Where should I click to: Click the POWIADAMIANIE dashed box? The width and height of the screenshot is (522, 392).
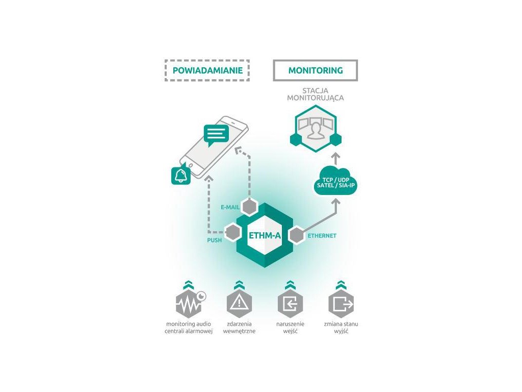(x=207, y=70)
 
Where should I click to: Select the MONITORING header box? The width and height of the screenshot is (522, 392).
(x=316, y=70)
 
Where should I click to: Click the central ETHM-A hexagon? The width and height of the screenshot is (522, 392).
(x=265, y=236)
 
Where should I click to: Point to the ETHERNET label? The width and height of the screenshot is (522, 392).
(x=322, y=236)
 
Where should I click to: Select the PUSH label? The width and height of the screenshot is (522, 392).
(x=214, y=240)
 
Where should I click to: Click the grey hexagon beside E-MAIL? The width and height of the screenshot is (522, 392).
(x=249, y=207)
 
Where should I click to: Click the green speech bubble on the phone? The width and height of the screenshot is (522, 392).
(x=215, y=135)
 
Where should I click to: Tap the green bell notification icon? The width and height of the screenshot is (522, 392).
(x=180, y=175)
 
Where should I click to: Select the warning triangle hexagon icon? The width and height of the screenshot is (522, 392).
(x=239, y=304)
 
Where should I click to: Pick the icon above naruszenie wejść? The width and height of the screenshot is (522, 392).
(x=290, y=304)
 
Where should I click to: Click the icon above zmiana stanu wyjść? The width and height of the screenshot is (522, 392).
(x=341, y=304)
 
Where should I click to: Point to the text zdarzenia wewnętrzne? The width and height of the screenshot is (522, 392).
(x=239, y=328)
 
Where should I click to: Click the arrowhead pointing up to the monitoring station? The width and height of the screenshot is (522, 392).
(x=335, y=155)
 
